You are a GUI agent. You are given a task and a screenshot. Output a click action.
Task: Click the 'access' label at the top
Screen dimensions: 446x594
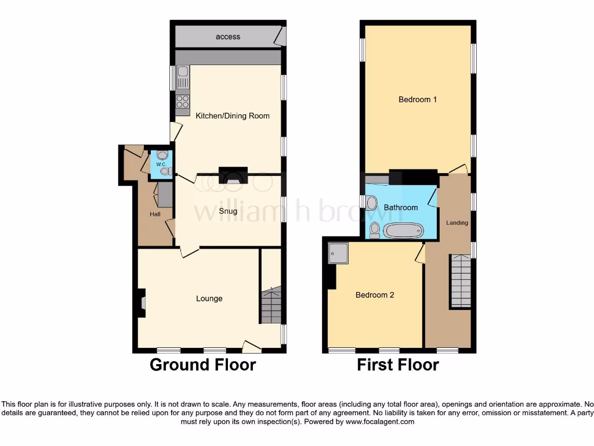[228, 37]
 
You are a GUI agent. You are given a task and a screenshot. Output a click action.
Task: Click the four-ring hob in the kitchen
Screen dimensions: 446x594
[183, 101]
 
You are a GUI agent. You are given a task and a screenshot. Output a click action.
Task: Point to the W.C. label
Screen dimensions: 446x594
[161, 164]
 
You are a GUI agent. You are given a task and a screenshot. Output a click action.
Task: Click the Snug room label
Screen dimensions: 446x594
[228, 211]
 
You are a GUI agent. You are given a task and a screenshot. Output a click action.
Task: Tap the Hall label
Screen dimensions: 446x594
[155, 214]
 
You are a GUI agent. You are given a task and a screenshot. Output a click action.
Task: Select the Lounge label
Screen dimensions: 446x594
[209, 298]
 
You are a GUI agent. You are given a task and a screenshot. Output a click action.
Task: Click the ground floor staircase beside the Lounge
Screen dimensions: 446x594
[270, 305]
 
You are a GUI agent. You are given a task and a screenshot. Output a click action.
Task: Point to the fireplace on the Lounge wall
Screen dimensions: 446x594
[141, 303]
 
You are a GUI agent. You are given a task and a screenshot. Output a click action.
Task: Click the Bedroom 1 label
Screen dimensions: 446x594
[418, 99]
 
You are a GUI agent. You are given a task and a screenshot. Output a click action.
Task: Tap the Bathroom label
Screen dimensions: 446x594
[401, 207]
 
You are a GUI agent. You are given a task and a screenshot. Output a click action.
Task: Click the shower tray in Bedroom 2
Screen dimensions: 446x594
[337, 253]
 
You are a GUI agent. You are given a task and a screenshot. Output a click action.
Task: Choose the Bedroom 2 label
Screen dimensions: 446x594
[375, 295]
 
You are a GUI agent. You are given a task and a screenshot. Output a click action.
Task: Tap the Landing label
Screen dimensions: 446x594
[457, 222]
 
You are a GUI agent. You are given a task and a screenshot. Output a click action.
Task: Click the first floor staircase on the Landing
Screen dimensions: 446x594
[461, 282]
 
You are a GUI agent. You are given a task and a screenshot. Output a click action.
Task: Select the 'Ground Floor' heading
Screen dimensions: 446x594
[202, 365]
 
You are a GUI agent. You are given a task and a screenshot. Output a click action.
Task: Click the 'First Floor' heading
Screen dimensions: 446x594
[397, 365]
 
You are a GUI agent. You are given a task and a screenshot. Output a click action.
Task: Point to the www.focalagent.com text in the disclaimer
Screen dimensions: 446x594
[379, 422]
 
